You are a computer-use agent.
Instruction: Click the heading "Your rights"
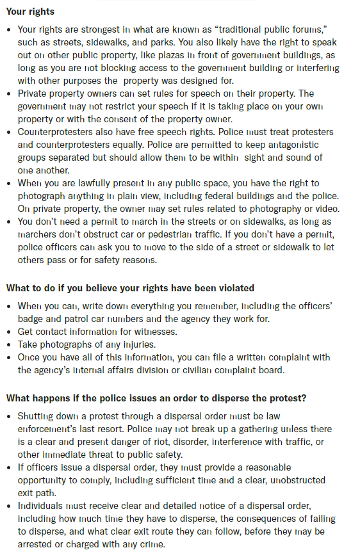pyautogui.click(x=30, y=12)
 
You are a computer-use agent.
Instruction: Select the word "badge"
pyautogui.click(x=31, y=318)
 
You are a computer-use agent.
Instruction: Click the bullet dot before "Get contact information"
pyautogui.click(x=10, y=331)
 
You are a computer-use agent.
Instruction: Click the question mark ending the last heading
pyautogui.click(x=304, y=398)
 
